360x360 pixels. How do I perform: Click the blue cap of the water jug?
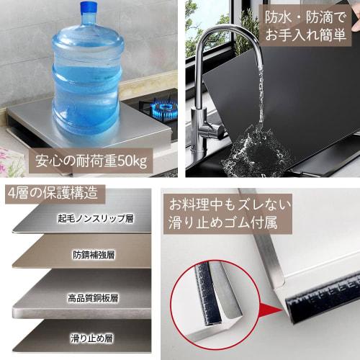pyautogui.click(x=89, y=9)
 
